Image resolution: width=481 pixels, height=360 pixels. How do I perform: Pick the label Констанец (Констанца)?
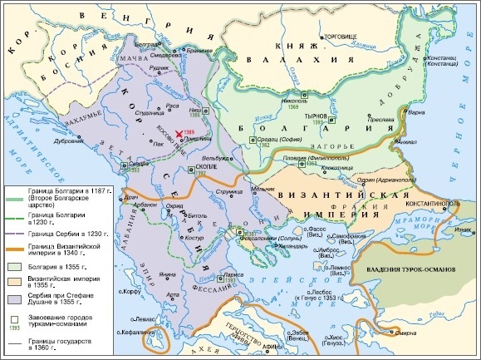(444, 63)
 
